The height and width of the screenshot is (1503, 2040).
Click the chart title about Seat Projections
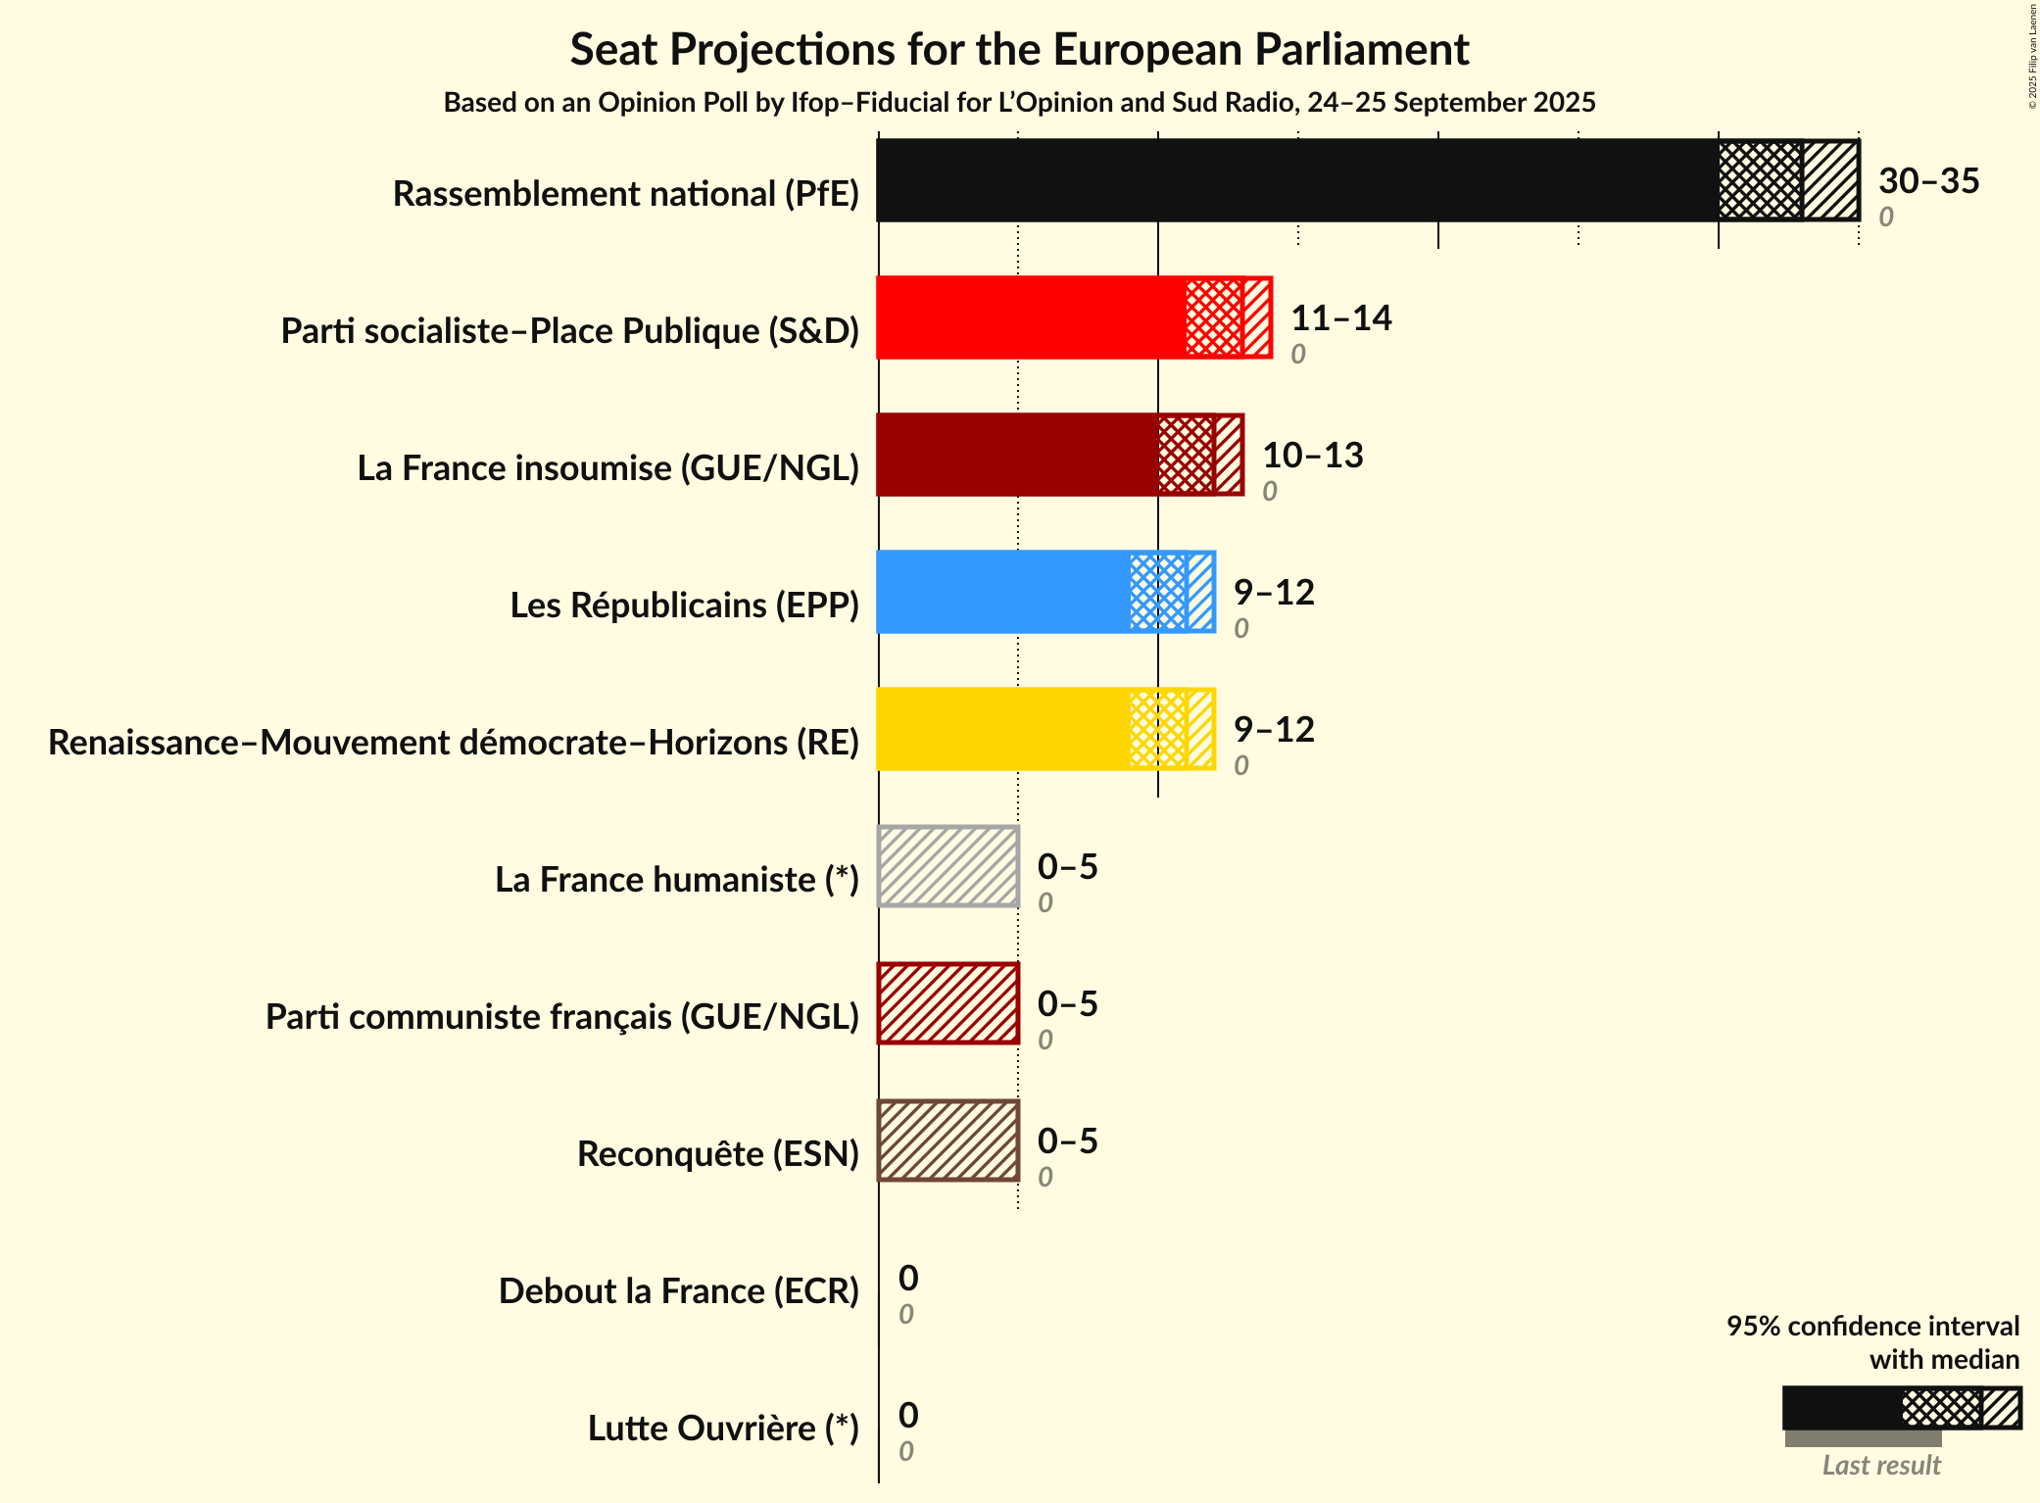click(x=1019, y=49)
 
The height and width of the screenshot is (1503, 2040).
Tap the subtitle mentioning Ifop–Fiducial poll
click(x=1019, y=103)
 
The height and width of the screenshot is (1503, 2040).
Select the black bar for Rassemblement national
click(x=1293, y=180)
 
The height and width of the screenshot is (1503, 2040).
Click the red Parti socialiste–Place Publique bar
click(x=1029, y=317)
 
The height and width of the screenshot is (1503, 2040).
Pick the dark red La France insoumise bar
click(x=1014, y=455)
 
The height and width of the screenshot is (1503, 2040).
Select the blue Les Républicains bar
click(x=999, y=592)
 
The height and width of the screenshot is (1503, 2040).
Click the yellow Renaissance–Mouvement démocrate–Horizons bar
click(x=999, y=729)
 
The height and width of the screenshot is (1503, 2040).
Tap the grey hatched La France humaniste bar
click(x=948, y=866)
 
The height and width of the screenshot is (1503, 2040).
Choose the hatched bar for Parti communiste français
click(x=948, y=1003)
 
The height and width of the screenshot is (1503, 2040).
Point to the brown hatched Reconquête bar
click(x=948, y=1140)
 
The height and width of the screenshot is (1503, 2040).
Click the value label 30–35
click(x=1928, y=181)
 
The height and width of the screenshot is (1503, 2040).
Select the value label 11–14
click(x=1340, y=318)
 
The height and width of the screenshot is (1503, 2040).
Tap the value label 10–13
click(x=1312, y=456)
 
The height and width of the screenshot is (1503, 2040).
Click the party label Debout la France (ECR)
click(x=678, y=1291)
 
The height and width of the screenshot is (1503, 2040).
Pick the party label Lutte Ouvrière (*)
click(x=723, y=1429)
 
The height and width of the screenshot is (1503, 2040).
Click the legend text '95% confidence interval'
click(x=1871, y=1327)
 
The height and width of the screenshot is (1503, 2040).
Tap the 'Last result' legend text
click(x=1880, y=1466)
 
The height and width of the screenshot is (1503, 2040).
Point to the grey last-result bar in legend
click(x=1862, y=1438)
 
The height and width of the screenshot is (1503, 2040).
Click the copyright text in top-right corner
click(x=2032, y=56)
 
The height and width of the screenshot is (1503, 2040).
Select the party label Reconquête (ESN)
click(x=717, y=1154)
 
